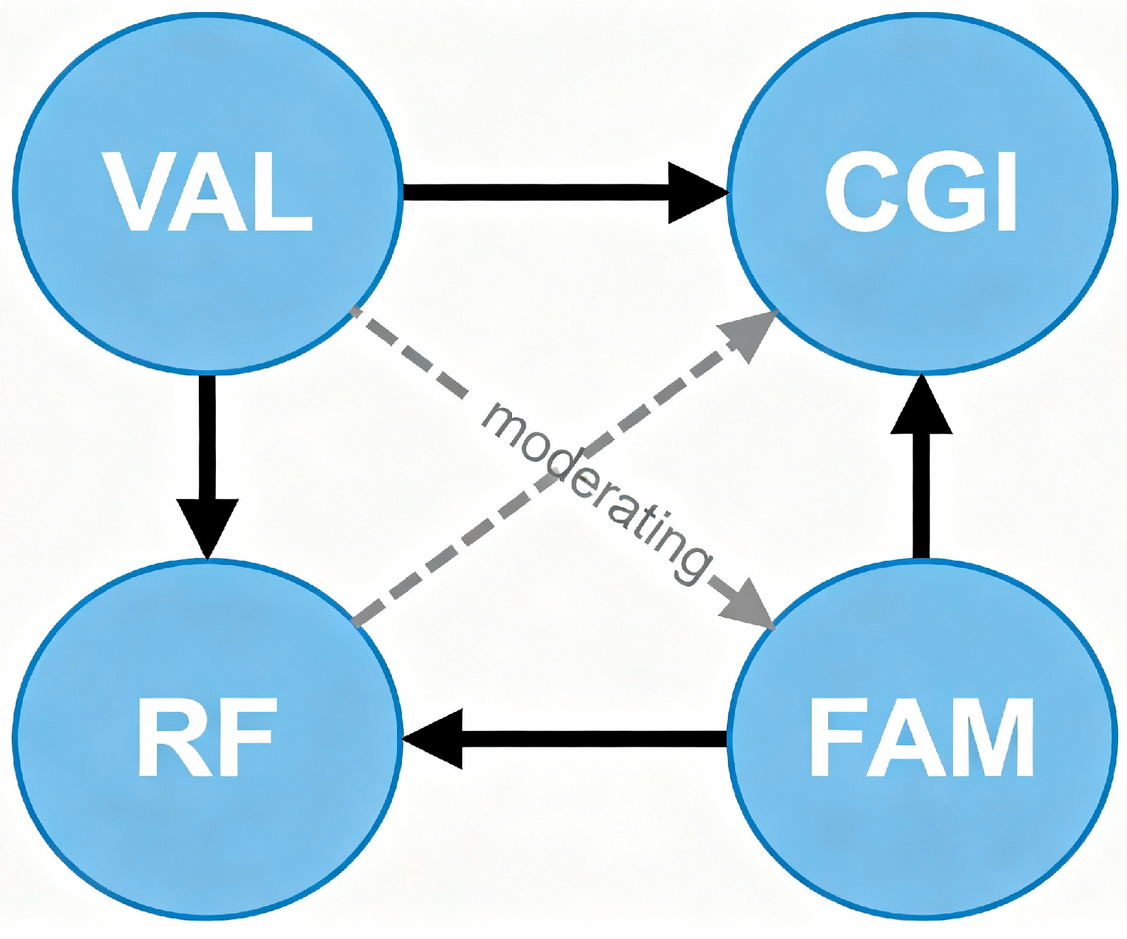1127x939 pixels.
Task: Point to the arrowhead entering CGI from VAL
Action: [696, 192]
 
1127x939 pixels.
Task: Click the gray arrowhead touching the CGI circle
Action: [748, 334]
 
